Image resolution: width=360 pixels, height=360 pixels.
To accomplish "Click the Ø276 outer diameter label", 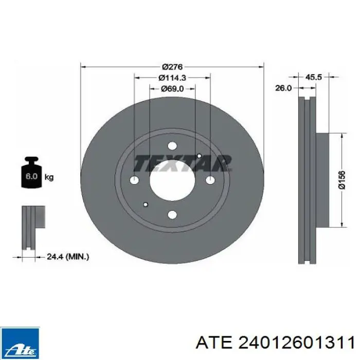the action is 172,67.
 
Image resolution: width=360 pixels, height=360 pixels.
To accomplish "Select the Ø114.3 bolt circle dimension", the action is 172,78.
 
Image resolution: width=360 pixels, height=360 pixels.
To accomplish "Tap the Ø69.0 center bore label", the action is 172,88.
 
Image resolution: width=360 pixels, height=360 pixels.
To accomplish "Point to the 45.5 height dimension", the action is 314,77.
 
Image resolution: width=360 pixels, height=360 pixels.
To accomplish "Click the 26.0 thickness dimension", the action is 283,88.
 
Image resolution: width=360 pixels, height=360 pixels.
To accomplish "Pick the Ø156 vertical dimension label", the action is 342,180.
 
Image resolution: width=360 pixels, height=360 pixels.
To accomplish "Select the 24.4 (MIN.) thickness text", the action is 68,257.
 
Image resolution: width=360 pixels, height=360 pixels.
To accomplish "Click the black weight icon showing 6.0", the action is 31,173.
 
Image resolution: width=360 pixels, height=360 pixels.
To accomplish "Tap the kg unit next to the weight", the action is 49,177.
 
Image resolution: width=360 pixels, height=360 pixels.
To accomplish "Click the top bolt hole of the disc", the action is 172,146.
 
